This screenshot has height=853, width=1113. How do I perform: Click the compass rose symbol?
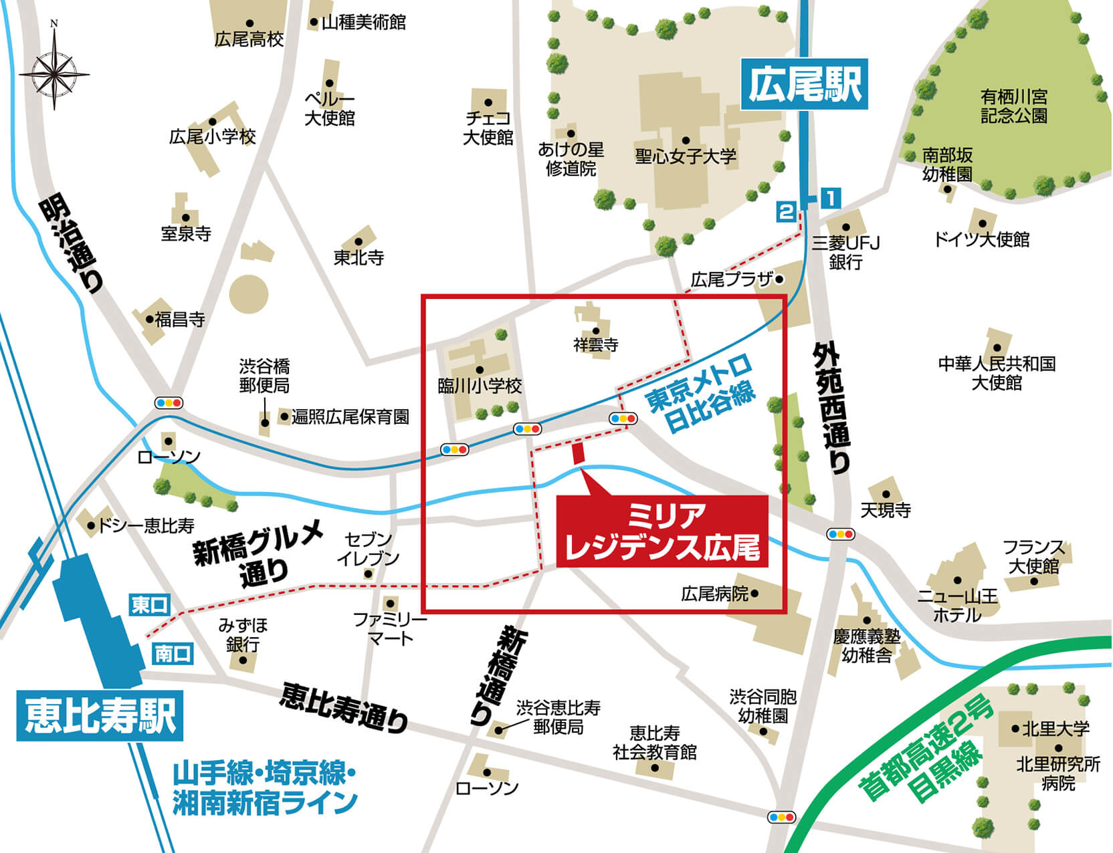(x=54, y=68)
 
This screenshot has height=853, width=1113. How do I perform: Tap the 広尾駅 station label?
(x=804, y=84)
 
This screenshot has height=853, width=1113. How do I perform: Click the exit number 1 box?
(x=829, y=198)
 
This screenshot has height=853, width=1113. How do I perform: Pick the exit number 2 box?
(x=786, y=212)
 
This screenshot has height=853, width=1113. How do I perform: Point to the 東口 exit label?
(x=149, y=605)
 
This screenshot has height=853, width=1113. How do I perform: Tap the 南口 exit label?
(x=173, y=653)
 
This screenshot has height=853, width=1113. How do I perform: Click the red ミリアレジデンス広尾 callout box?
(x=663, y=531)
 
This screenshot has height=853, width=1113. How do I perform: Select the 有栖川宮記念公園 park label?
(x=1014, y=106)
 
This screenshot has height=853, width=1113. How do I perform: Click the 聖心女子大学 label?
(x=686, y=156)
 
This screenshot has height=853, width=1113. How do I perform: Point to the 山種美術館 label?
(x=363, y=23)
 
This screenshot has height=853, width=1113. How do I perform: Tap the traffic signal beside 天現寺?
(x=841, y=534)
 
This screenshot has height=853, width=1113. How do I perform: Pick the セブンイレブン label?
(x=368, y=549)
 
